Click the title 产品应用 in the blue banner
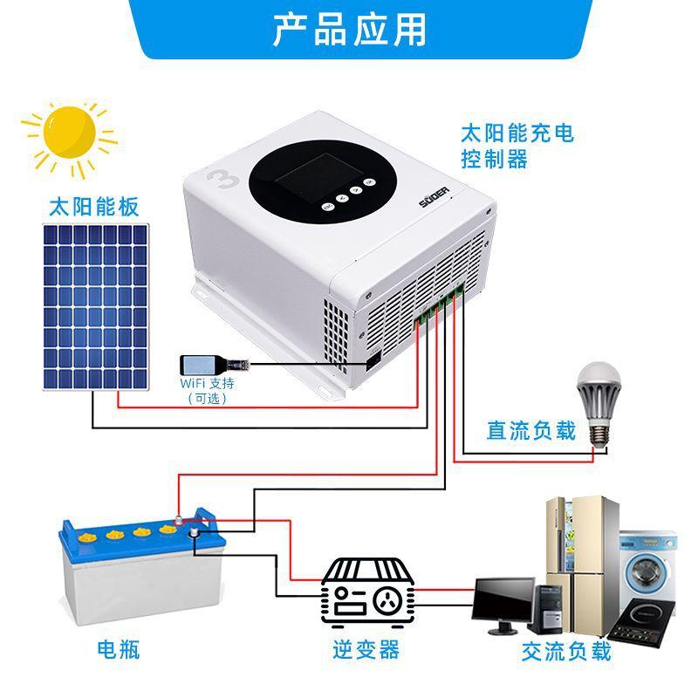[349, 29]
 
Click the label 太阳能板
[93, 208]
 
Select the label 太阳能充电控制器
[517, 146]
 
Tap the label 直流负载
[531, 431]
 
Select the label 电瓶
[118, 650]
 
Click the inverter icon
[366, 592]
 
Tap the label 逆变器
[366, 650]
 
